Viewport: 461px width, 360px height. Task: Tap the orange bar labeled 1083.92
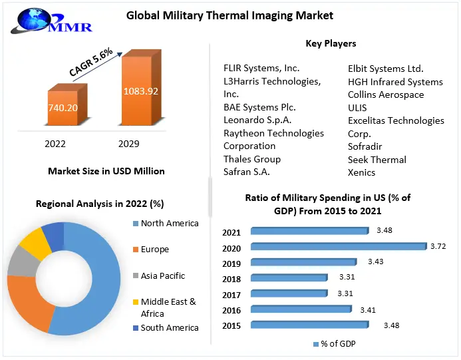tap(140, 91)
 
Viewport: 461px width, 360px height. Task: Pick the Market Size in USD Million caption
tap(106, 171)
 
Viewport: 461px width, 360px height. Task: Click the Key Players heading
tap(331, 43)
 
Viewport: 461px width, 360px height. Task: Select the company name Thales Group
tap(252, 159)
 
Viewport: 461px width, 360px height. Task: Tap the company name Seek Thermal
tap(377, 160)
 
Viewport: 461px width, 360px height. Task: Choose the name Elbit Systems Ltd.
tap(385, 68)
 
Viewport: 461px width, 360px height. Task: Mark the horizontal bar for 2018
tap(289, 277)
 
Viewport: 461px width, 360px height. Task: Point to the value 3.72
tap(438, 246)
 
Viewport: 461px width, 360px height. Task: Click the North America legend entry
tap(169, 224)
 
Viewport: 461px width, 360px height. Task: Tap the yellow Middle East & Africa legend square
tap(136, 302)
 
